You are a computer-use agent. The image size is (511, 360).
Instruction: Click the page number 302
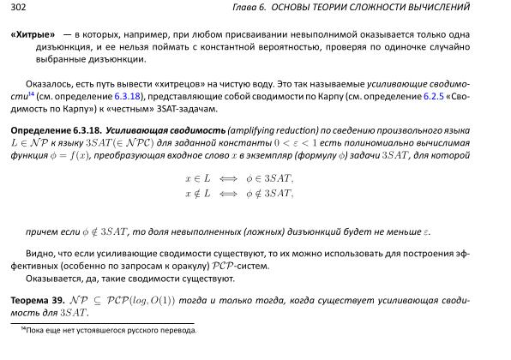(x=18, y=8)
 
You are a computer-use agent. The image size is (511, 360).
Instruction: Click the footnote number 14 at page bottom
(x=22, y=327)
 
